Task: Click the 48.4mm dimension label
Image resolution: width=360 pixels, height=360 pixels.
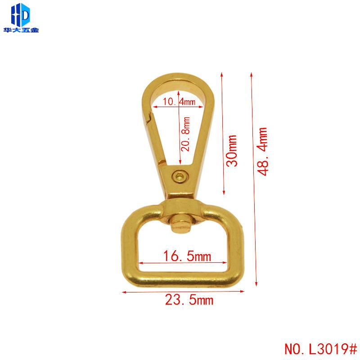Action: [262, 152]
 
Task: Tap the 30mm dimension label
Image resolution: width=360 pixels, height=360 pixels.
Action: [231, 151]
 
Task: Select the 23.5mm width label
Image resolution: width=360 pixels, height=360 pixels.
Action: [189, 300]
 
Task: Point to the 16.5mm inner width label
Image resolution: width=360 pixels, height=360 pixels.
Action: [187, 256]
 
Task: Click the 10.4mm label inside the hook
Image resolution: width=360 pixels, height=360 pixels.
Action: [179, 102]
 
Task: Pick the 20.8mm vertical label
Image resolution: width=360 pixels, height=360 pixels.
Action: [185, 134]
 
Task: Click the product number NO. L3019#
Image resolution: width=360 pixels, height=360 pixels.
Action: [320, 349]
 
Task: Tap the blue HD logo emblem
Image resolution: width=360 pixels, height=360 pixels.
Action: [20, 15]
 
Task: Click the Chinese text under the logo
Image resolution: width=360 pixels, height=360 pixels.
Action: [21, 30]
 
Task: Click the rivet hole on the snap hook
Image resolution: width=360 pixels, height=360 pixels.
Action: [180, 176]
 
